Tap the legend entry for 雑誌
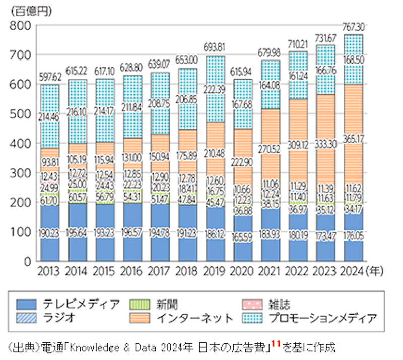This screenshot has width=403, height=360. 266,304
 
